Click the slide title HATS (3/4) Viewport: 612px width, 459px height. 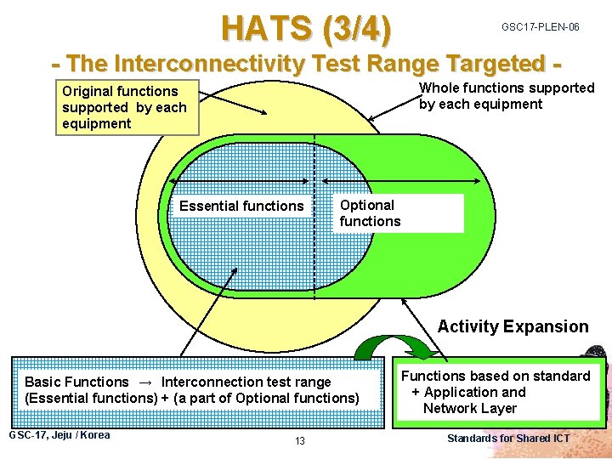pos(307,28)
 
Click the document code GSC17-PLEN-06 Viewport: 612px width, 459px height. pos(540,27)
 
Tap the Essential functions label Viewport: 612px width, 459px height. pos(241,206)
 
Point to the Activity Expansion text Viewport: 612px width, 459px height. pos(513,326)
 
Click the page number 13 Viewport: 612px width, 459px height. pos(300,440)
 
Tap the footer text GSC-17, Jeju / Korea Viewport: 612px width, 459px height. pos(59,435)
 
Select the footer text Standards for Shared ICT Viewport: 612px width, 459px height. pos(508,439)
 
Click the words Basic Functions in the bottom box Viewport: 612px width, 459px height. pos(76,382)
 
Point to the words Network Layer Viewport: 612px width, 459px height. pos(470,408)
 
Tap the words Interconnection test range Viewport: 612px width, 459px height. pos(246,382)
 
